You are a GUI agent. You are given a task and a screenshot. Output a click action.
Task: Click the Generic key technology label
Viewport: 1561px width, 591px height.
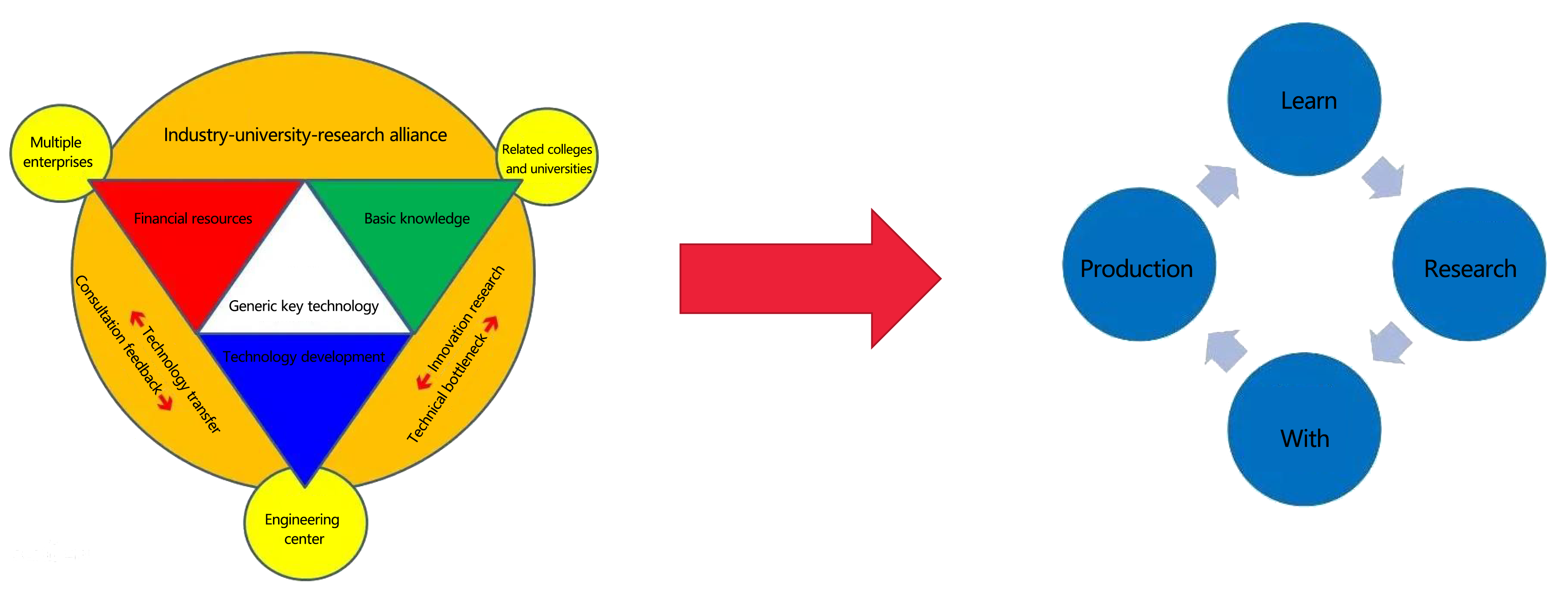(303, 306)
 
